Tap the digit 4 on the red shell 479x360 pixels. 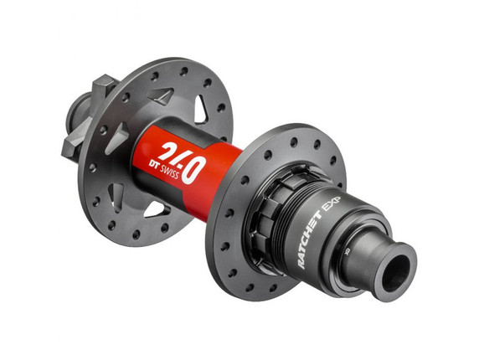pos(185,161)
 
